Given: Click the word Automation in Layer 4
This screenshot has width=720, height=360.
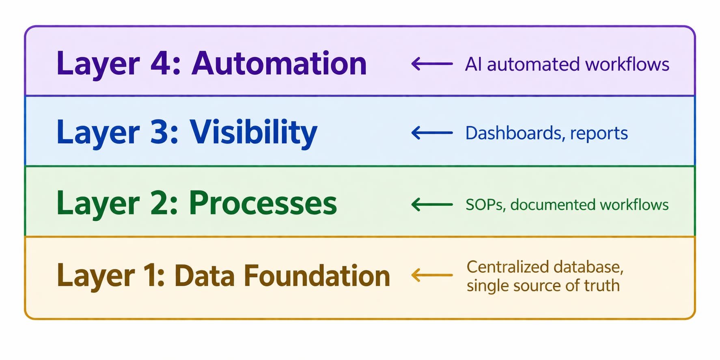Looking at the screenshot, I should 279,64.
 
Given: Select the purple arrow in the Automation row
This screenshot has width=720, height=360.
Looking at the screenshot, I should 432,64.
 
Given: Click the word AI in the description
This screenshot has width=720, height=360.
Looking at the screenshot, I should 473,64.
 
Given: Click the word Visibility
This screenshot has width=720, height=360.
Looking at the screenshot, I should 253,133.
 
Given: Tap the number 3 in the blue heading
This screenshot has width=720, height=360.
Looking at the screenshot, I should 160,132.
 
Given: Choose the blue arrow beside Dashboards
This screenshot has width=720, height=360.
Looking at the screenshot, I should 432,133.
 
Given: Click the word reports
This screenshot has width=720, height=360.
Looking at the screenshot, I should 599,134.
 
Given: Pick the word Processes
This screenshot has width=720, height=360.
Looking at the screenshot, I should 263,203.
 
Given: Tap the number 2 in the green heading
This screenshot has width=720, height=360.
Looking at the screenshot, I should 160,203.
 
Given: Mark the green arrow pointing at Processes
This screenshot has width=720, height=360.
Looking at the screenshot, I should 432,204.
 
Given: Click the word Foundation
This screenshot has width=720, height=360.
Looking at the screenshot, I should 317,276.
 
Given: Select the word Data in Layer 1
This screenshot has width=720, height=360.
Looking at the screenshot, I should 205,276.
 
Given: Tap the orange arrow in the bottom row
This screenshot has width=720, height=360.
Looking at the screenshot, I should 432,275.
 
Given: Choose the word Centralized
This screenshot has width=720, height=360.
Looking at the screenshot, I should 507,267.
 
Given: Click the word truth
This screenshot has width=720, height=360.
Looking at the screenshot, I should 601,286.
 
